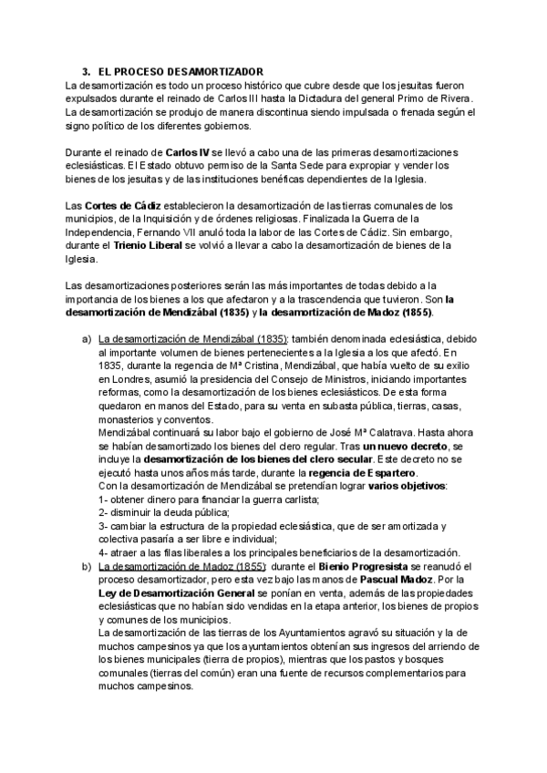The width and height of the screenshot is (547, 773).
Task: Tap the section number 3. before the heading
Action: [x=87, y=72]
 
